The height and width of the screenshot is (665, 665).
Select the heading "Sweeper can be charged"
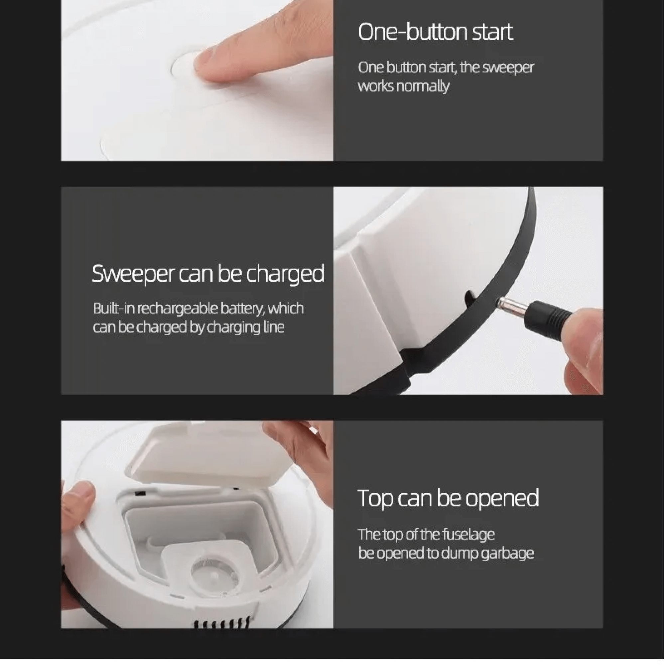(x=208, y=274)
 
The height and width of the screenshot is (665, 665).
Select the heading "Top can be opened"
(x=448, y=498)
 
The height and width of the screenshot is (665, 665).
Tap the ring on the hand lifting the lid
(x=314, y=429)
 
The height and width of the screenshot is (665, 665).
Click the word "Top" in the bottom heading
(x=375, y=498)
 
